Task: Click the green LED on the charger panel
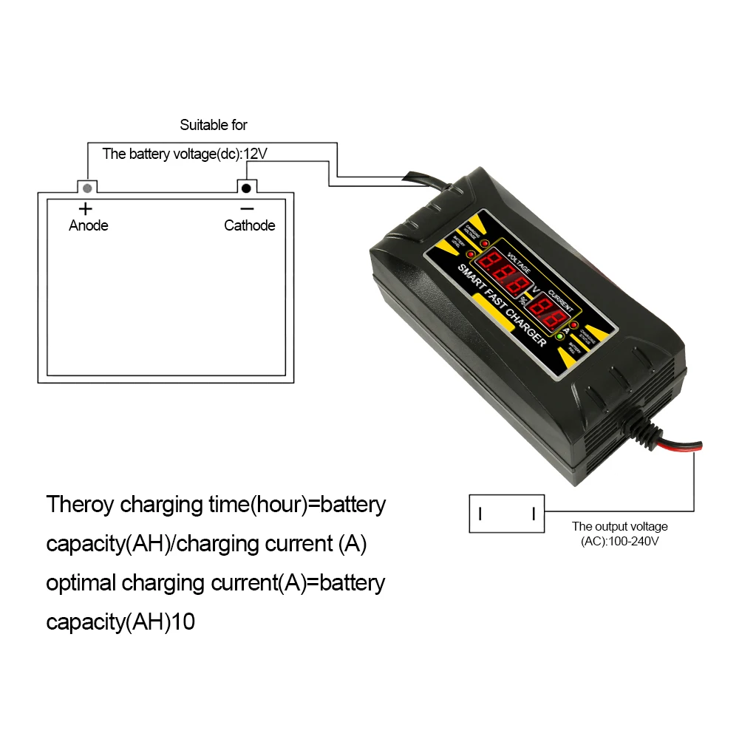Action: pyautogui.click(x=560, y=337)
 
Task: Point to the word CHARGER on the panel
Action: pyautogui.click(x=527, y=329)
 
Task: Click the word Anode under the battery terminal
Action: pyautogui.click(x=88, y=225)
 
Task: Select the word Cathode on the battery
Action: pyautogui.click(x=250, y=225)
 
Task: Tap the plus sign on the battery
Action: pyautogui.click(x=86, y=208)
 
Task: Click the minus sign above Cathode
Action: pyautogui.click(x=247, y=208)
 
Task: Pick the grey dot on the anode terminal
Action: pyautogui.click(x=88, y=187)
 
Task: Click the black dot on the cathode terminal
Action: pyautogui.click(x=246, y=187)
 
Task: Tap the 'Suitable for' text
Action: pyautogui.click(x=214, y=126)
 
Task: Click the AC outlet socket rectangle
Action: pyautogui.click(x=507, y=513)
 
